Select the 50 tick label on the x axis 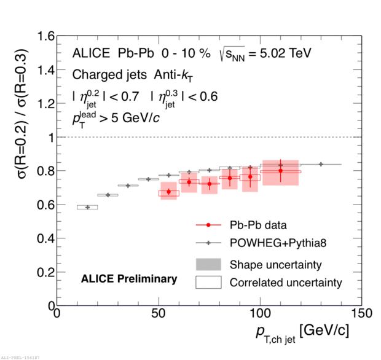pyautogui.click(x=159, y=314)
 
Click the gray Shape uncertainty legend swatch pyautogui.click(x=208, y=264)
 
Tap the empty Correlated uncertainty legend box pyautogui.click(x=208, y=283)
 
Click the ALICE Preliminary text pyautogui.click(x=129, y=279)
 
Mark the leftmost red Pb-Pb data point pyautogui.click(x=168, y=192)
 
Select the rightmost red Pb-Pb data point pyautogui.click(x=280, y=171)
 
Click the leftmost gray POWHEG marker pyautogui.click(x=87, y=207)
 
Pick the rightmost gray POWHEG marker pyautogui.click(x=321, y=164)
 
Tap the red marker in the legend pyautogui.click(x=208, y=225)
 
